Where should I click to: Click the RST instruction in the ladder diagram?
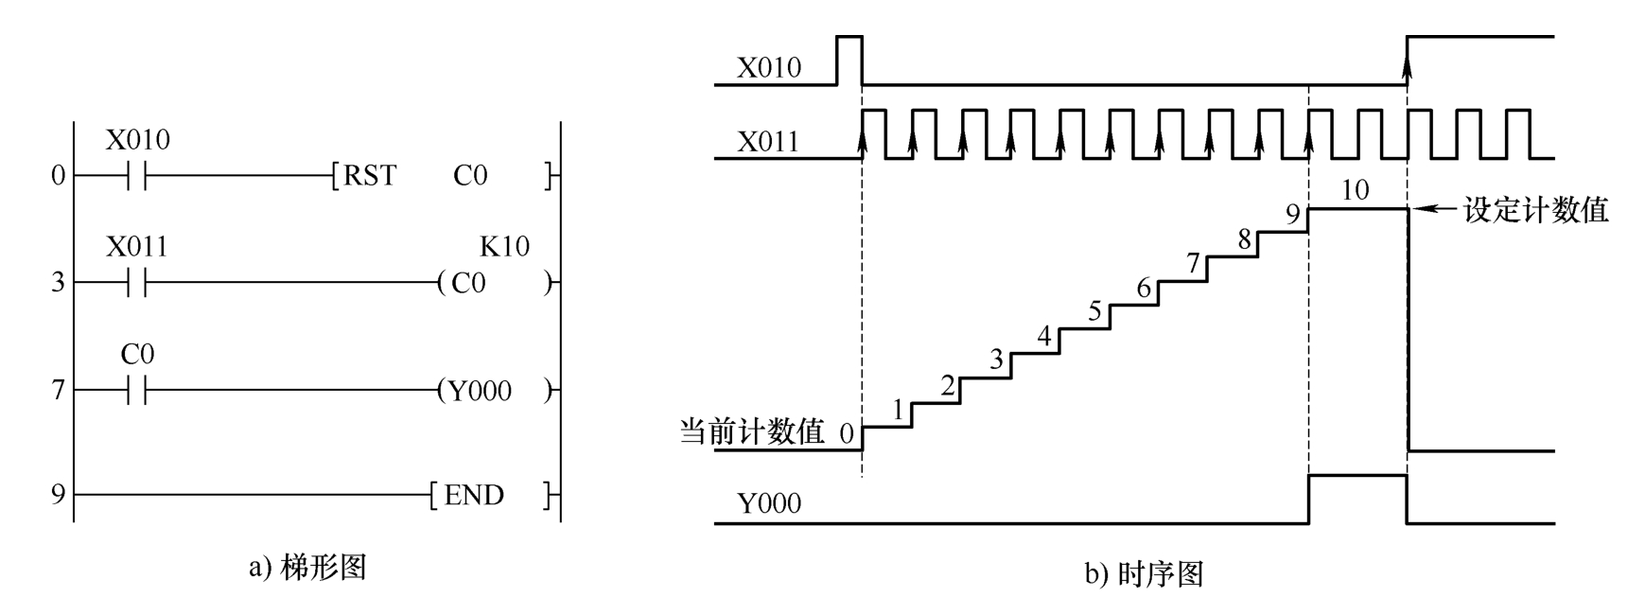(370, 176)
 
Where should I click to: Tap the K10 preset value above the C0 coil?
(504, 247)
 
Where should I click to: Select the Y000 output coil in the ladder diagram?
(480, 391)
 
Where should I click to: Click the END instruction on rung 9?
(474, 495)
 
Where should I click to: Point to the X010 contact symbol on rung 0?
(137, 176)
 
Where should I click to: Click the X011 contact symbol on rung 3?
(137, 282)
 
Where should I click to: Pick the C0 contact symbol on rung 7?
(137, 390)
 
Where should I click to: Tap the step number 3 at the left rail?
(59, 282)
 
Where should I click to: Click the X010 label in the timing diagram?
(768, 68)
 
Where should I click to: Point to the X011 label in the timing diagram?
(768, 142)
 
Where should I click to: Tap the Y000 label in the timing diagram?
(768, 503)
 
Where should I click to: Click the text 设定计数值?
(1535, 210)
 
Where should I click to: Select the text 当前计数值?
(752, 431)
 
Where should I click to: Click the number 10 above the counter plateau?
(1355, 191)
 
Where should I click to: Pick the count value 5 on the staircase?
(1094, 311)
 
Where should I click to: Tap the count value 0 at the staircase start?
(846, 433)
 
